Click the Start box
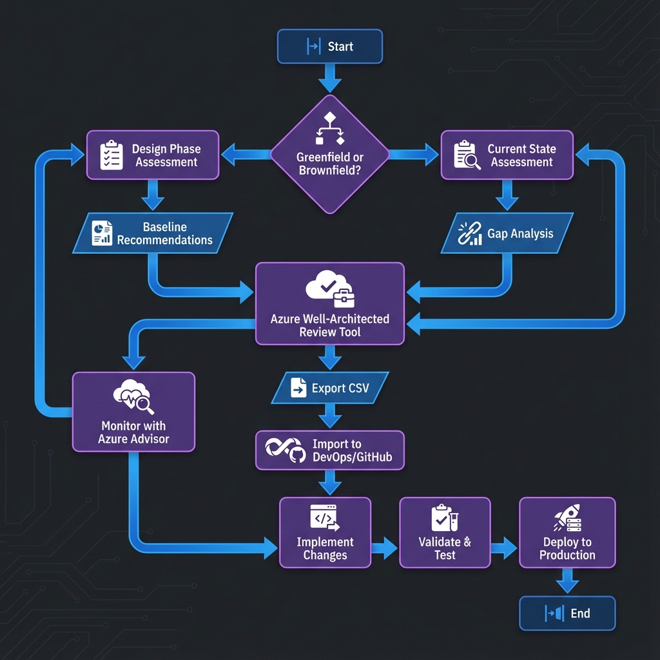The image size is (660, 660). (329, 46)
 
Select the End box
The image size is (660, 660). (567, 613)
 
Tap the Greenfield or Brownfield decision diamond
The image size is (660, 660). (329, 154)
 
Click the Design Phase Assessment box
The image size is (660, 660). (153, 155)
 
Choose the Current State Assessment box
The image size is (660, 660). (507, 155)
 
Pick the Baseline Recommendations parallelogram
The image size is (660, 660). (152, 233)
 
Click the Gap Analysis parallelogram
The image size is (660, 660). (507, 233)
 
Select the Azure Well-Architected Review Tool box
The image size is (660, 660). (329, 303)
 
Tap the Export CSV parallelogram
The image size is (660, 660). (329, 388)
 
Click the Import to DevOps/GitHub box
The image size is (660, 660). (329, 451)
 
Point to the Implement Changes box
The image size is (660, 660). (325, 532)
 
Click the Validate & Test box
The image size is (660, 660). (445, 532)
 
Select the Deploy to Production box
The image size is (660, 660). (567, 532)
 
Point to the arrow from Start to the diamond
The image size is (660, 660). (329, 79)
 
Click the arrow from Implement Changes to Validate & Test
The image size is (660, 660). (385, 548)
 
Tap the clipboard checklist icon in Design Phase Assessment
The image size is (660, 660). (112, 155)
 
